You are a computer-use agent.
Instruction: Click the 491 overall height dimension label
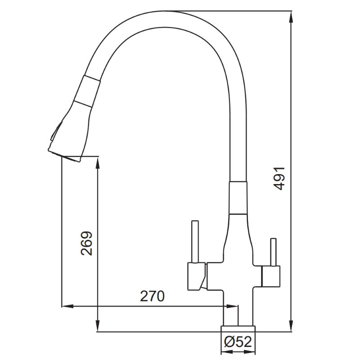[279, 179]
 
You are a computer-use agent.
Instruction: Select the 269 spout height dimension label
[86, 243]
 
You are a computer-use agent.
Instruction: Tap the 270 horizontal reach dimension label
[152, 296]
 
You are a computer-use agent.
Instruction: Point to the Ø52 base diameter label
[238, 342]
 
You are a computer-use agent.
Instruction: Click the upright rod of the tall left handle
[195, 242]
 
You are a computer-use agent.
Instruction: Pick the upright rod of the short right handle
[273, 252]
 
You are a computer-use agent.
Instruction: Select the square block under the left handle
[196, 276]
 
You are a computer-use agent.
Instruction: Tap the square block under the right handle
[271, 276]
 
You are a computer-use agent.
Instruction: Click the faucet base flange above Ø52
[238, 328]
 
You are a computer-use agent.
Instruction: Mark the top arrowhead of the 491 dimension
[291, 17]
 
